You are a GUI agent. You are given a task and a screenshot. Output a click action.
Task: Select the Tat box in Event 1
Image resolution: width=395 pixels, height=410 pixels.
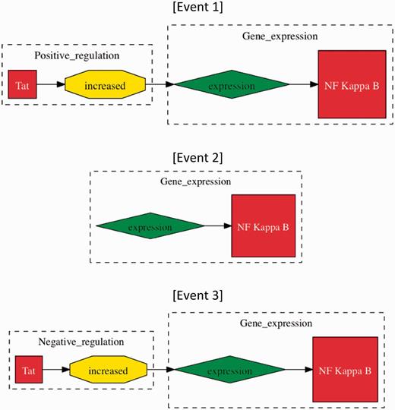pos(21,85)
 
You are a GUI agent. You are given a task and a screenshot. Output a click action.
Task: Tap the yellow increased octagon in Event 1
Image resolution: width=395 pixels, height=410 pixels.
pos(105,85)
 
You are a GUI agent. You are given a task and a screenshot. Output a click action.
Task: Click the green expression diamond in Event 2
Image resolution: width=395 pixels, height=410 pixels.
pos(150,226)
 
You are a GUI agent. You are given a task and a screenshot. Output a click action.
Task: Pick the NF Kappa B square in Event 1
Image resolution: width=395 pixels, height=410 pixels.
pos(352,84)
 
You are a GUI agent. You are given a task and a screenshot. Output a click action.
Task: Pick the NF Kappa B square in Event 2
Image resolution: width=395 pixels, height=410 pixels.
pos(263,226)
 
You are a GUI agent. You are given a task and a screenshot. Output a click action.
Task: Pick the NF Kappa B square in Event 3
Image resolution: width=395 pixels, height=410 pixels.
pos(345,371)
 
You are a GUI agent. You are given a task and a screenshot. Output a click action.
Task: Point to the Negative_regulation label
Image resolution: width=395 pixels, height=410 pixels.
pos(81,342)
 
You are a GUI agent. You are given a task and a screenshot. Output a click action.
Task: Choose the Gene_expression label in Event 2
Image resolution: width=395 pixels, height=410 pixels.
pos(195,181)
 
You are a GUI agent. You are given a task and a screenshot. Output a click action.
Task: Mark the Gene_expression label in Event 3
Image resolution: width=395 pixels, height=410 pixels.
pos(275,323)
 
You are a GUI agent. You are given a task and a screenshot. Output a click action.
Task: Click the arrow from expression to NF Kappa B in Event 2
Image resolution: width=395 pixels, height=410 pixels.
pos(218,226)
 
